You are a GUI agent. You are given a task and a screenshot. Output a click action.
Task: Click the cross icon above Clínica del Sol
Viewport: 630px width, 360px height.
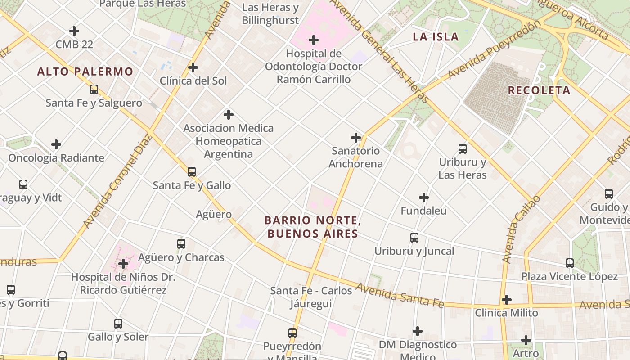(193, 67)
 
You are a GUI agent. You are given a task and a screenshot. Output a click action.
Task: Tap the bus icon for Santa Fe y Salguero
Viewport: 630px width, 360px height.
(94, 89)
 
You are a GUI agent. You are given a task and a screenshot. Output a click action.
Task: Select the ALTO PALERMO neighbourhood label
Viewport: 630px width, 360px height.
(85, 72)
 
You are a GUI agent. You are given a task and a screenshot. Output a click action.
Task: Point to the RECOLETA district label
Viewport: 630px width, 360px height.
(539, 90)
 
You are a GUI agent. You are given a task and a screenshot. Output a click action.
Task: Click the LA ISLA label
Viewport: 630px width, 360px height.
(436, 37)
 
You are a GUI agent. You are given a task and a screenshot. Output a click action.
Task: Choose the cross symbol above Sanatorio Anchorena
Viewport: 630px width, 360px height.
(356, 137)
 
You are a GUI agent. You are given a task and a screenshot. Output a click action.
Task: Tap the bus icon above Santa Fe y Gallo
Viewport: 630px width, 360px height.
(192, 171)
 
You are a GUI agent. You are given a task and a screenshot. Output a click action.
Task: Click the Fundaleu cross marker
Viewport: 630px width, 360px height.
(424, 197)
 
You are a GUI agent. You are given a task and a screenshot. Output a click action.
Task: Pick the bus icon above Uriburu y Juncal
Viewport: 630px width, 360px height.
(414, 237)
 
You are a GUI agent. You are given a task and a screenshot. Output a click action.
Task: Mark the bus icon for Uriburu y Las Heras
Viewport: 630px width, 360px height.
(462, 148)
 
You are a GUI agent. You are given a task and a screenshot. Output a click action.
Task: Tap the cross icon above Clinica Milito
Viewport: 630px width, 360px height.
(507, 299)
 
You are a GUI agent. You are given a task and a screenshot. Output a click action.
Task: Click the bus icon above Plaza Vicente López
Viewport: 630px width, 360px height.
(570, 263)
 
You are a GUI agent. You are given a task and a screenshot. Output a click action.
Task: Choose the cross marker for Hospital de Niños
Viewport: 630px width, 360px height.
(123, 263)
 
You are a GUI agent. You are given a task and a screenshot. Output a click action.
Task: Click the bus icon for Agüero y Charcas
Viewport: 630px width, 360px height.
(181, 243)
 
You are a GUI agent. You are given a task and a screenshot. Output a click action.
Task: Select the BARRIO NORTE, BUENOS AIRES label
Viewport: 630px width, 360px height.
(313, 227)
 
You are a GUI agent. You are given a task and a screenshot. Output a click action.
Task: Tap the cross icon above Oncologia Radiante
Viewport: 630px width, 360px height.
(56, 144)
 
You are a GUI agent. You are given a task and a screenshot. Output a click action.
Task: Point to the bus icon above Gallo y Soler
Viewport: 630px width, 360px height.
(118, 323)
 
